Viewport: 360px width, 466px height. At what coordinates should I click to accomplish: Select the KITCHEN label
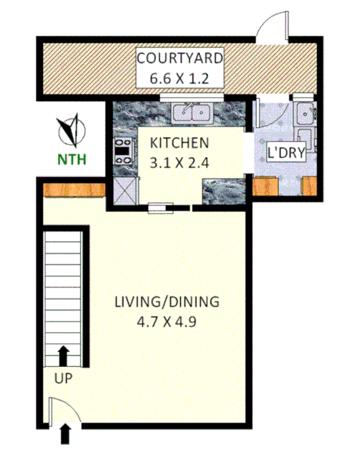coord(179,143)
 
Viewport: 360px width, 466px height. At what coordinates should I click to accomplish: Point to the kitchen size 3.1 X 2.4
coord(179,161)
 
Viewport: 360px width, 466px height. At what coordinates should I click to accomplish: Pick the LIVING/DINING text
coord(167,302)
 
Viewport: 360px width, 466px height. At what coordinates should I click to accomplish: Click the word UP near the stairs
coord(63,377)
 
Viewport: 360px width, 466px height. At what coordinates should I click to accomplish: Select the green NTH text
coord(71,158)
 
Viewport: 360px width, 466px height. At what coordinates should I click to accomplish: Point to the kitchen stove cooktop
coord(122,152)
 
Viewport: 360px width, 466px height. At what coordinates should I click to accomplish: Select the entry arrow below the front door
coord(66,433)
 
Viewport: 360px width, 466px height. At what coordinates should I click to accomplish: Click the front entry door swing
coord(60,409)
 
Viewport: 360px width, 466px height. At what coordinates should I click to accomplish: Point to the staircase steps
coord(64,290)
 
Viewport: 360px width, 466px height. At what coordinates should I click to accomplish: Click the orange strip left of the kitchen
coord(73,191)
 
